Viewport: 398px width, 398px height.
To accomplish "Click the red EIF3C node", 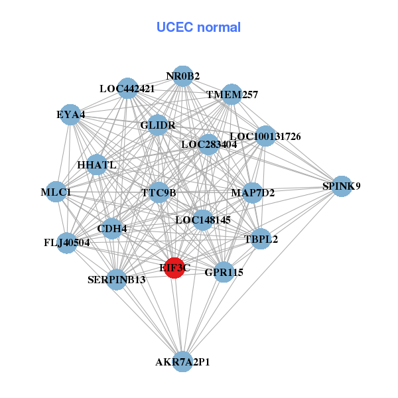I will click(x=174, y=268).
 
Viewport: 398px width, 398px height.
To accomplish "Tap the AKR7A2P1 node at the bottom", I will click(x=183, y=362).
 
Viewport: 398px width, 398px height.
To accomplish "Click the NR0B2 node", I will click(x=183, y=76).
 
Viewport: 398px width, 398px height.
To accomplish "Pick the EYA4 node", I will click(x=71, y=115).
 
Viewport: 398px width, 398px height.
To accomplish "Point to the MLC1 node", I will click(x=56, y=192).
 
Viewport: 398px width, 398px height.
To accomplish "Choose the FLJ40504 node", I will click(x=66, y=243).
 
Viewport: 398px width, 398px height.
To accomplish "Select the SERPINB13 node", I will click(x=117, y=279).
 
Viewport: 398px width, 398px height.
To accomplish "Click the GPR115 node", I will click(x=224, y=272).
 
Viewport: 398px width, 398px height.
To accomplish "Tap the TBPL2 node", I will click(x=261, y=239).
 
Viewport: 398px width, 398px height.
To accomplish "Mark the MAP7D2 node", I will click(x=253, y=193).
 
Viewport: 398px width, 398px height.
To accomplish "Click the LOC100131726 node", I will click(x=265, y=137).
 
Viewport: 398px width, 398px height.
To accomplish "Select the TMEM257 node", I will click(x=232, y=95).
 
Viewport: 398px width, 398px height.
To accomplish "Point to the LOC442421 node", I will click(x=127, y=88).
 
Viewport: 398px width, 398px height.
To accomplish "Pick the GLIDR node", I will click(x=158, y=125).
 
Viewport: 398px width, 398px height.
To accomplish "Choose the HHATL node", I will click(x=97, y=165).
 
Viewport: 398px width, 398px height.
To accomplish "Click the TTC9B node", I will click(x=159, y=193).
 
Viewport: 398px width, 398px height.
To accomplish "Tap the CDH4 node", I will click(x=112, y=229).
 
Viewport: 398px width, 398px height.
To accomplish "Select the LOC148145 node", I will click(x=203, y=220).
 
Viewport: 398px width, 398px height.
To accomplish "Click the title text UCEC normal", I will click(x=198, y=27).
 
